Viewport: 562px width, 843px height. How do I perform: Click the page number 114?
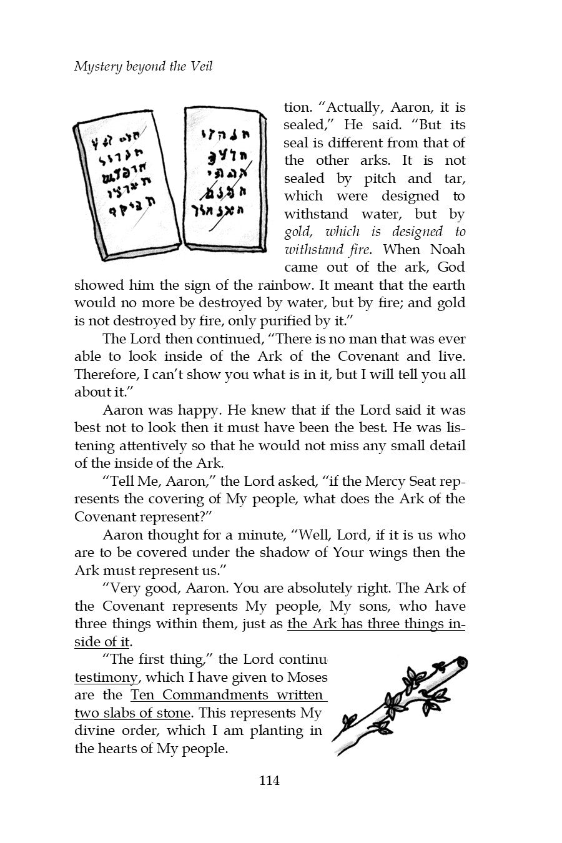(x=269, y=780)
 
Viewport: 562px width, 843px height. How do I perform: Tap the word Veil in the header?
(x=201, y=66)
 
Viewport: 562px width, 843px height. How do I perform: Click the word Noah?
(x=448, y=250)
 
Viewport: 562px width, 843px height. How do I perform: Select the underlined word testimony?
(x=106, y=677)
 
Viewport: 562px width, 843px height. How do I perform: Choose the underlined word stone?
(x=173, y=713)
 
